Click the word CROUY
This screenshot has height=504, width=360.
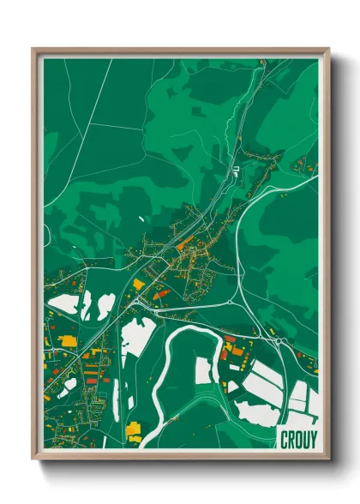point(298,439)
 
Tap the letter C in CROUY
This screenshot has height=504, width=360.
point(285,439)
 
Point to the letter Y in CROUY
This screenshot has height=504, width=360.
point(313,439)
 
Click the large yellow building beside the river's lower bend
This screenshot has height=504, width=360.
point(133,429)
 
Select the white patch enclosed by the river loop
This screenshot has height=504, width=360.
point(202,370)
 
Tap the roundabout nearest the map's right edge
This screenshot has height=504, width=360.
point(279,341)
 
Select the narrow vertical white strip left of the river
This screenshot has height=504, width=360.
point(116,398)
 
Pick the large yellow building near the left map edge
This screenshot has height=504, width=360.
point(67,341)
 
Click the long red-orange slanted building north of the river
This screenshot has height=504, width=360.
point(160,293)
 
